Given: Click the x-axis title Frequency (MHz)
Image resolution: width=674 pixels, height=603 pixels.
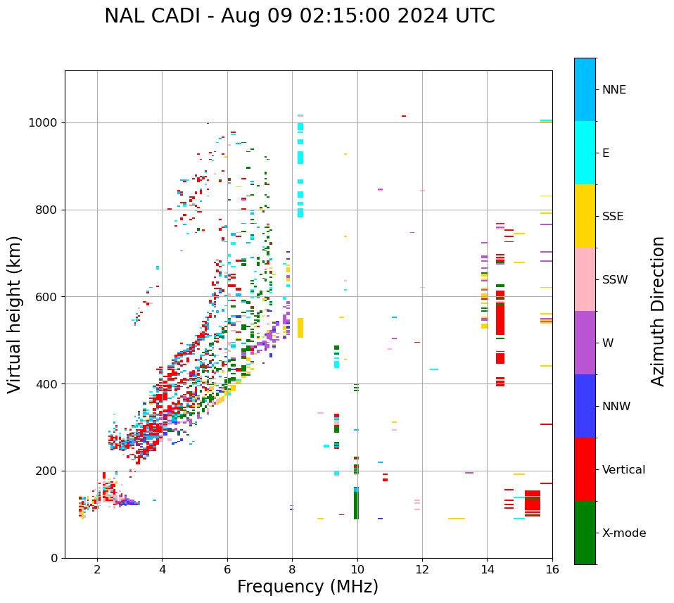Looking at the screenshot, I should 307,587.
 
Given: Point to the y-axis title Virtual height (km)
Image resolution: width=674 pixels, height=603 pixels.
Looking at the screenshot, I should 15,315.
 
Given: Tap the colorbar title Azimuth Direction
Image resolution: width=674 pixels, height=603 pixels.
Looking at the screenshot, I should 658,311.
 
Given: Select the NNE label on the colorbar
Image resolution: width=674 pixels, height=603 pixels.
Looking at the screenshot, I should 614,90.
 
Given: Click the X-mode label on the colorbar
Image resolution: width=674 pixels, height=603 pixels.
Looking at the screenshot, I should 624,533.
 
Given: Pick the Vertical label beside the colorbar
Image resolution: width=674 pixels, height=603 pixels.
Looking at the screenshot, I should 624,470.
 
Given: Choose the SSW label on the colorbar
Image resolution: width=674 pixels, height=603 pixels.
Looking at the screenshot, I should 615,280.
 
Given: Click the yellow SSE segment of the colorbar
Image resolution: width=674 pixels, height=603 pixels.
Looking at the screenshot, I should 585,216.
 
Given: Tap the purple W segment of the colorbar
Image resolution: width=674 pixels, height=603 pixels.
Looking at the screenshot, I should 585,343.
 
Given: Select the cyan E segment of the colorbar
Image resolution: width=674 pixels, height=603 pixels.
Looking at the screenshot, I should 585,153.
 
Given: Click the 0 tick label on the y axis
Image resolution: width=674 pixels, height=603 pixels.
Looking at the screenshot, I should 54,558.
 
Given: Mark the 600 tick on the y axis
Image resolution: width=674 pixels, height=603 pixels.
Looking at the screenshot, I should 49,297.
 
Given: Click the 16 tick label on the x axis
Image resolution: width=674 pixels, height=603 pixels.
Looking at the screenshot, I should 552,569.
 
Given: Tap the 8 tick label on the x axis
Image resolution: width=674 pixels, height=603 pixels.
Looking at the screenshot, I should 292,569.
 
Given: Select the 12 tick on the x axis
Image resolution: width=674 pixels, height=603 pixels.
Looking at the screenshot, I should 422,569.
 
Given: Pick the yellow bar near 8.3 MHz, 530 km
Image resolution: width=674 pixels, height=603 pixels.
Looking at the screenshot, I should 300,328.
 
